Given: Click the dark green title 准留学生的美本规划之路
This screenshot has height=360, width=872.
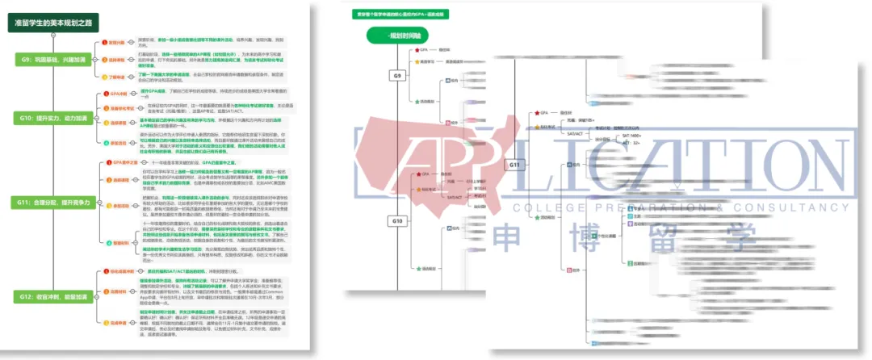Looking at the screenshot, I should click(x=59, y=24).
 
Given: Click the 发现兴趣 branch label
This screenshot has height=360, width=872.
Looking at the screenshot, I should click(x=115, y=41).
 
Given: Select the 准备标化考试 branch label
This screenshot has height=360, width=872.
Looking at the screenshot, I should click(x=120, y=107).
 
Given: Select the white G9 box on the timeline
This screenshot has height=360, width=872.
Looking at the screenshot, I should click(x=397, y=76).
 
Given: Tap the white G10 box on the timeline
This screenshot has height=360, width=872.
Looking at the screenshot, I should click(x=397, y=220).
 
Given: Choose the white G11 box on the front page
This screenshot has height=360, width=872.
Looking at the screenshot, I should click(x=517, y=165).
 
